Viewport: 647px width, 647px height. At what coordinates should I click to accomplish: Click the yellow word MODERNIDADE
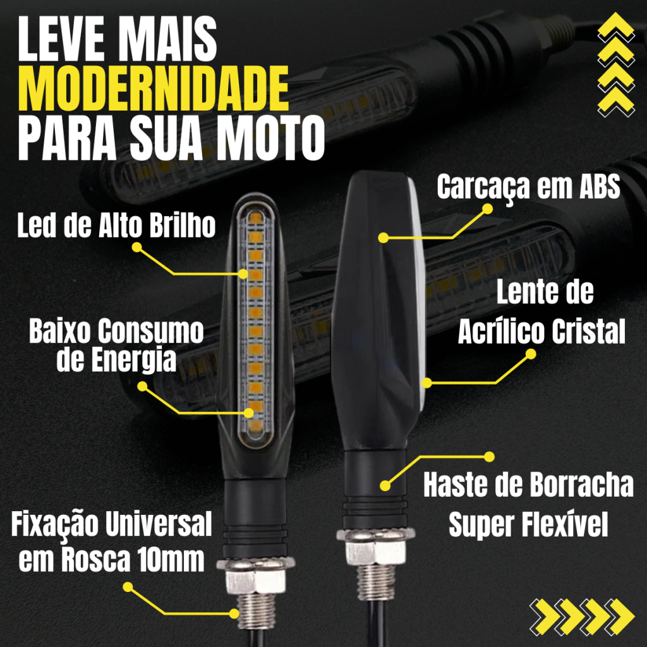point(153,88)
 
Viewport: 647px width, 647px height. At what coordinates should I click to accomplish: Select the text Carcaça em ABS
point(529,186)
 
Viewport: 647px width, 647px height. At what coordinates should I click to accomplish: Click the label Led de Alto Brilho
point(116,226)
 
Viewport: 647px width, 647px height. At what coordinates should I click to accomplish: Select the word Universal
point(159,524)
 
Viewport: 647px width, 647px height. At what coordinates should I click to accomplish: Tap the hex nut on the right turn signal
point(375,547)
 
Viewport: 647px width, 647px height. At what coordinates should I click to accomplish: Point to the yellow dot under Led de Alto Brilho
point(137,247)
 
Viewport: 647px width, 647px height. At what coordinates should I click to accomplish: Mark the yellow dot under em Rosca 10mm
point(128,587)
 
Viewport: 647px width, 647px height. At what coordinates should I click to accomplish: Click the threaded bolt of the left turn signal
point(257,611)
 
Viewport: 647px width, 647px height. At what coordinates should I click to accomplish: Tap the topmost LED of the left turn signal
point(256,218)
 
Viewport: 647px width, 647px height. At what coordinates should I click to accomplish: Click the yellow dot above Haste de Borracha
point(490,457)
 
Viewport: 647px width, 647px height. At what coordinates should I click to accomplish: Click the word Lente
point(520,293)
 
